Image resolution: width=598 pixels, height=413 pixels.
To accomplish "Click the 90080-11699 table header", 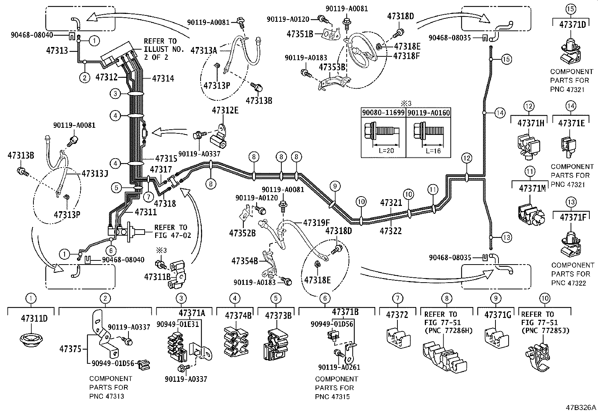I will click(384, 112).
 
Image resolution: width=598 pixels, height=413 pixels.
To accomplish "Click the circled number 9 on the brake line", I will click(335, 185).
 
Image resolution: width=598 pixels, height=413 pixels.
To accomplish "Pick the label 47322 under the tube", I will click(391, 230).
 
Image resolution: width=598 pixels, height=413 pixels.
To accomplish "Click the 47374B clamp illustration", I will click(235, 342).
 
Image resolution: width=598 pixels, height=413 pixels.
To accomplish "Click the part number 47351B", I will click(300, 34).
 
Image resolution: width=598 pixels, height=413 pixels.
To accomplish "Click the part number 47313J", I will click(95, 174).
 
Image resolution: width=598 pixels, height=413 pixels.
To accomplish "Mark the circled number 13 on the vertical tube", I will click(506, 238).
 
